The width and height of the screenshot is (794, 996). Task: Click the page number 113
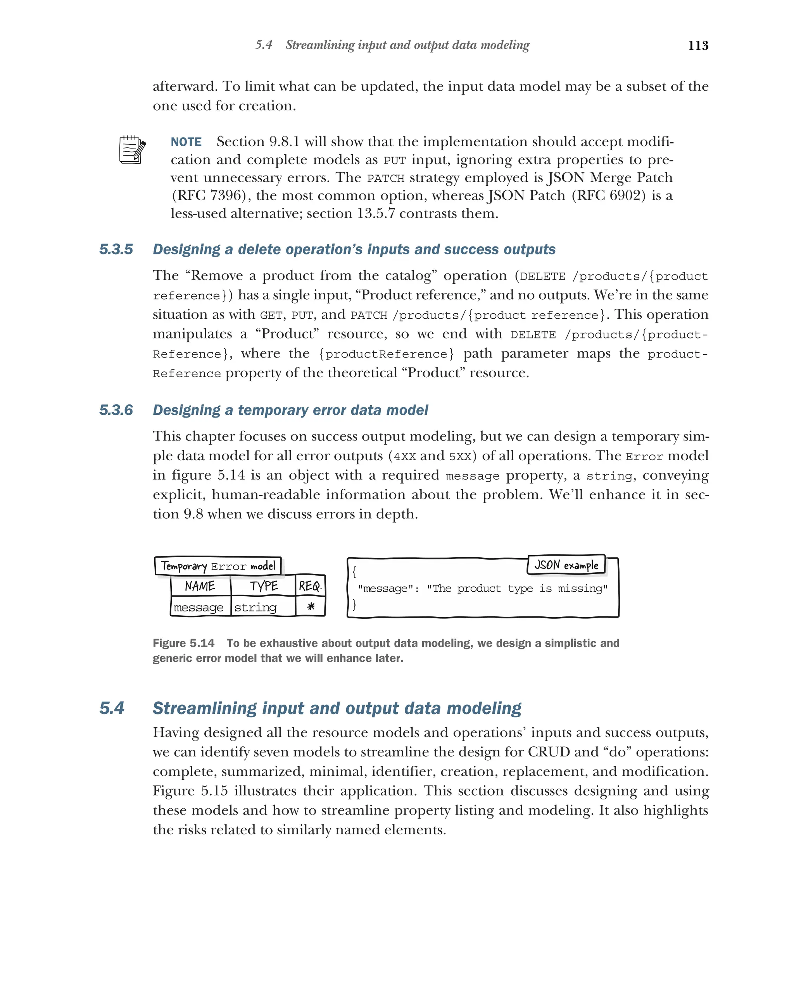(697, 45)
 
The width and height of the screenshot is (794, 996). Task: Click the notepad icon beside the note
(132, 149)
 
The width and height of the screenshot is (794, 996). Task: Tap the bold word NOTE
(186, 142)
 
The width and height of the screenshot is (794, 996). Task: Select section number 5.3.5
(116, 249)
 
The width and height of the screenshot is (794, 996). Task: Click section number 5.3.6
(116, 410)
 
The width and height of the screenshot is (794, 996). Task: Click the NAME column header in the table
(200, 586)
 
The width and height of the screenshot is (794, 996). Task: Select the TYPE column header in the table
(264, 586)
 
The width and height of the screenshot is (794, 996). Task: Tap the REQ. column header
(310, 586)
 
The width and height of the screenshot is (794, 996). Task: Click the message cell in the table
(198, 608)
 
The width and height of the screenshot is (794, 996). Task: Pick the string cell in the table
(255, 608)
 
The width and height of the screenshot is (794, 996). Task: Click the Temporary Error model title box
(218, 566)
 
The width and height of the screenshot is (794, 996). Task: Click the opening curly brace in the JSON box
(354, 571)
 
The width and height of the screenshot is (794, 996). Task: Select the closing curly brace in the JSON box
(354, 604)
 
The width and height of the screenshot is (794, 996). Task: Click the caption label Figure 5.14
(183, 643)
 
